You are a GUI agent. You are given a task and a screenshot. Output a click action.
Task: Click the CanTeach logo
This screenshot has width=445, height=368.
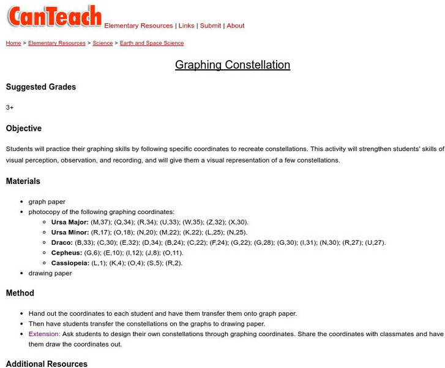54,16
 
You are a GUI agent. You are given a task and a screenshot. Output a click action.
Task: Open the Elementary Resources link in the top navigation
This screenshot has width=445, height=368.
138,26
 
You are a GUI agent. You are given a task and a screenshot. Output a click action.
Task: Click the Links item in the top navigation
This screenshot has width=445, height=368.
186,26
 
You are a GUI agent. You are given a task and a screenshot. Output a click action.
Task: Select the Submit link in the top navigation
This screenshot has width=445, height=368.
211,26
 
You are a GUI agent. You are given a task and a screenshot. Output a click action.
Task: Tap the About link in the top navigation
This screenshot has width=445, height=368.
236,26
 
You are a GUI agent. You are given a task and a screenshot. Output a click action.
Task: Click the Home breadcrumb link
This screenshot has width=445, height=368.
13,44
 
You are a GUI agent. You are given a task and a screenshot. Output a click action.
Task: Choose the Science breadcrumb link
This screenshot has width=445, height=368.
102,44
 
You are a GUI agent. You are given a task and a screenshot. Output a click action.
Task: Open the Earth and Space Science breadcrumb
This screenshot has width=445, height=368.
152,44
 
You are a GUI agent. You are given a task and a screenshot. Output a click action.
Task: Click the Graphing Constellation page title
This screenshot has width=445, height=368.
233,65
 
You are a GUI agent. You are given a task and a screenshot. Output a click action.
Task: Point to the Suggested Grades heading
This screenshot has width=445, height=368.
41,87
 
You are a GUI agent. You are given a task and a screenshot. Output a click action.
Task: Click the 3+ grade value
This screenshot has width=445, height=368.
10,107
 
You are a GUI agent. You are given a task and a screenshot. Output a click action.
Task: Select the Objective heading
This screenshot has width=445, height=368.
24,128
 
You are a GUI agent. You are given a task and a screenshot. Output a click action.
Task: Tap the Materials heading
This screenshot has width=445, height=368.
23,181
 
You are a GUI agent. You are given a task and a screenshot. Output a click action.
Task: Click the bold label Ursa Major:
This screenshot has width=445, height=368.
70,222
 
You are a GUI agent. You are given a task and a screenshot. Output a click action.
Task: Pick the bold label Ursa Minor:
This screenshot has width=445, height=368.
70,232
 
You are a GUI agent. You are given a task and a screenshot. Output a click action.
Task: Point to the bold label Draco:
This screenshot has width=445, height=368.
62,242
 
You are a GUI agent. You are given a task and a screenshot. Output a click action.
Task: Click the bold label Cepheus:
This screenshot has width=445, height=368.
67,253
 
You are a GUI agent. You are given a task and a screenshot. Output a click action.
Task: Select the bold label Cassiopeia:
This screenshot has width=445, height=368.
70,263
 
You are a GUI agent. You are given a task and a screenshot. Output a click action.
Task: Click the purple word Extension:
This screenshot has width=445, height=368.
44,334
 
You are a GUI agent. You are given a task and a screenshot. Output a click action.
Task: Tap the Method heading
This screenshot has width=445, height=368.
20,293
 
